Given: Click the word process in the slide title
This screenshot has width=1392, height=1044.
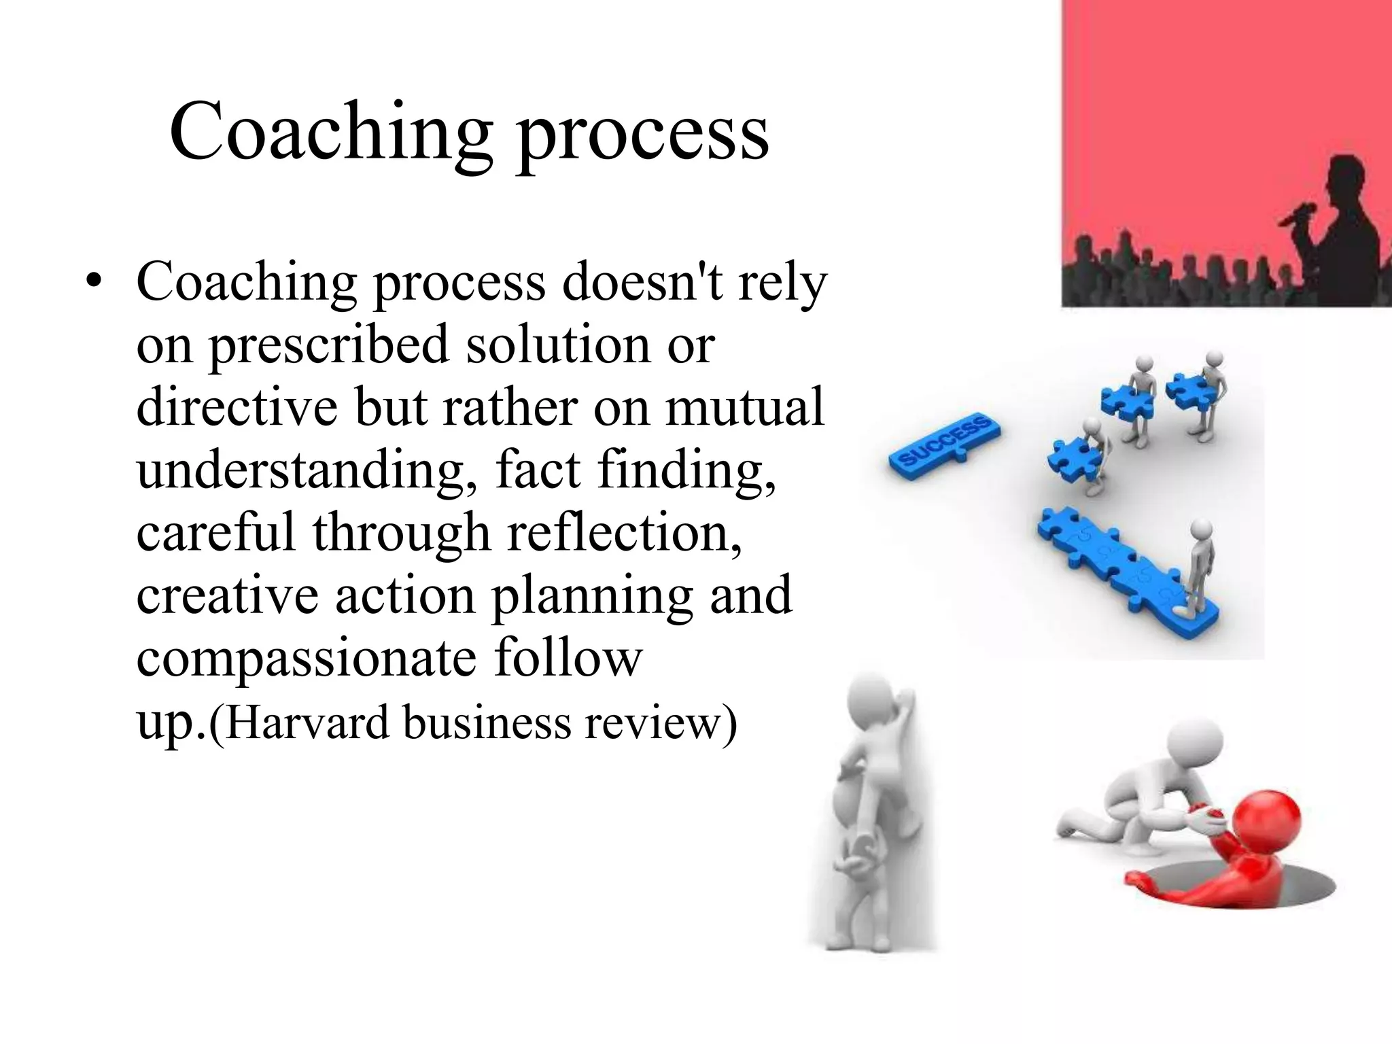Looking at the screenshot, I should (x=642, y=136).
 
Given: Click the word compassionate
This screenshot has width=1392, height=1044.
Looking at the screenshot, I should (x=307, y=659).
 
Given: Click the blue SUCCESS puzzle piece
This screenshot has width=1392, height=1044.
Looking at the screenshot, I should (x=945, y=442).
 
